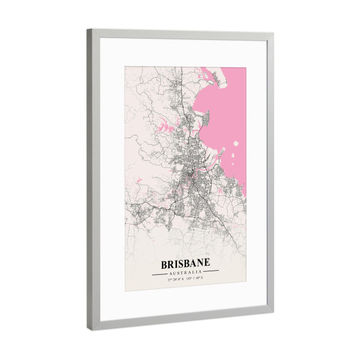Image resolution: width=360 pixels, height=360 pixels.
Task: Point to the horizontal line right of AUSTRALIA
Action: point(209,272)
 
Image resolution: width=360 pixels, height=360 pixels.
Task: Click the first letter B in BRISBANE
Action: point(164,263)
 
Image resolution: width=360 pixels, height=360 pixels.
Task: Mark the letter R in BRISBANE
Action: point(170,263)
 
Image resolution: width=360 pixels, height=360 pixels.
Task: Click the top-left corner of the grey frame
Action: point(88,29)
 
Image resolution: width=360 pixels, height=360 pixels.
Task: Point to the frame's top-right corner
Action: point(274,34)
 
